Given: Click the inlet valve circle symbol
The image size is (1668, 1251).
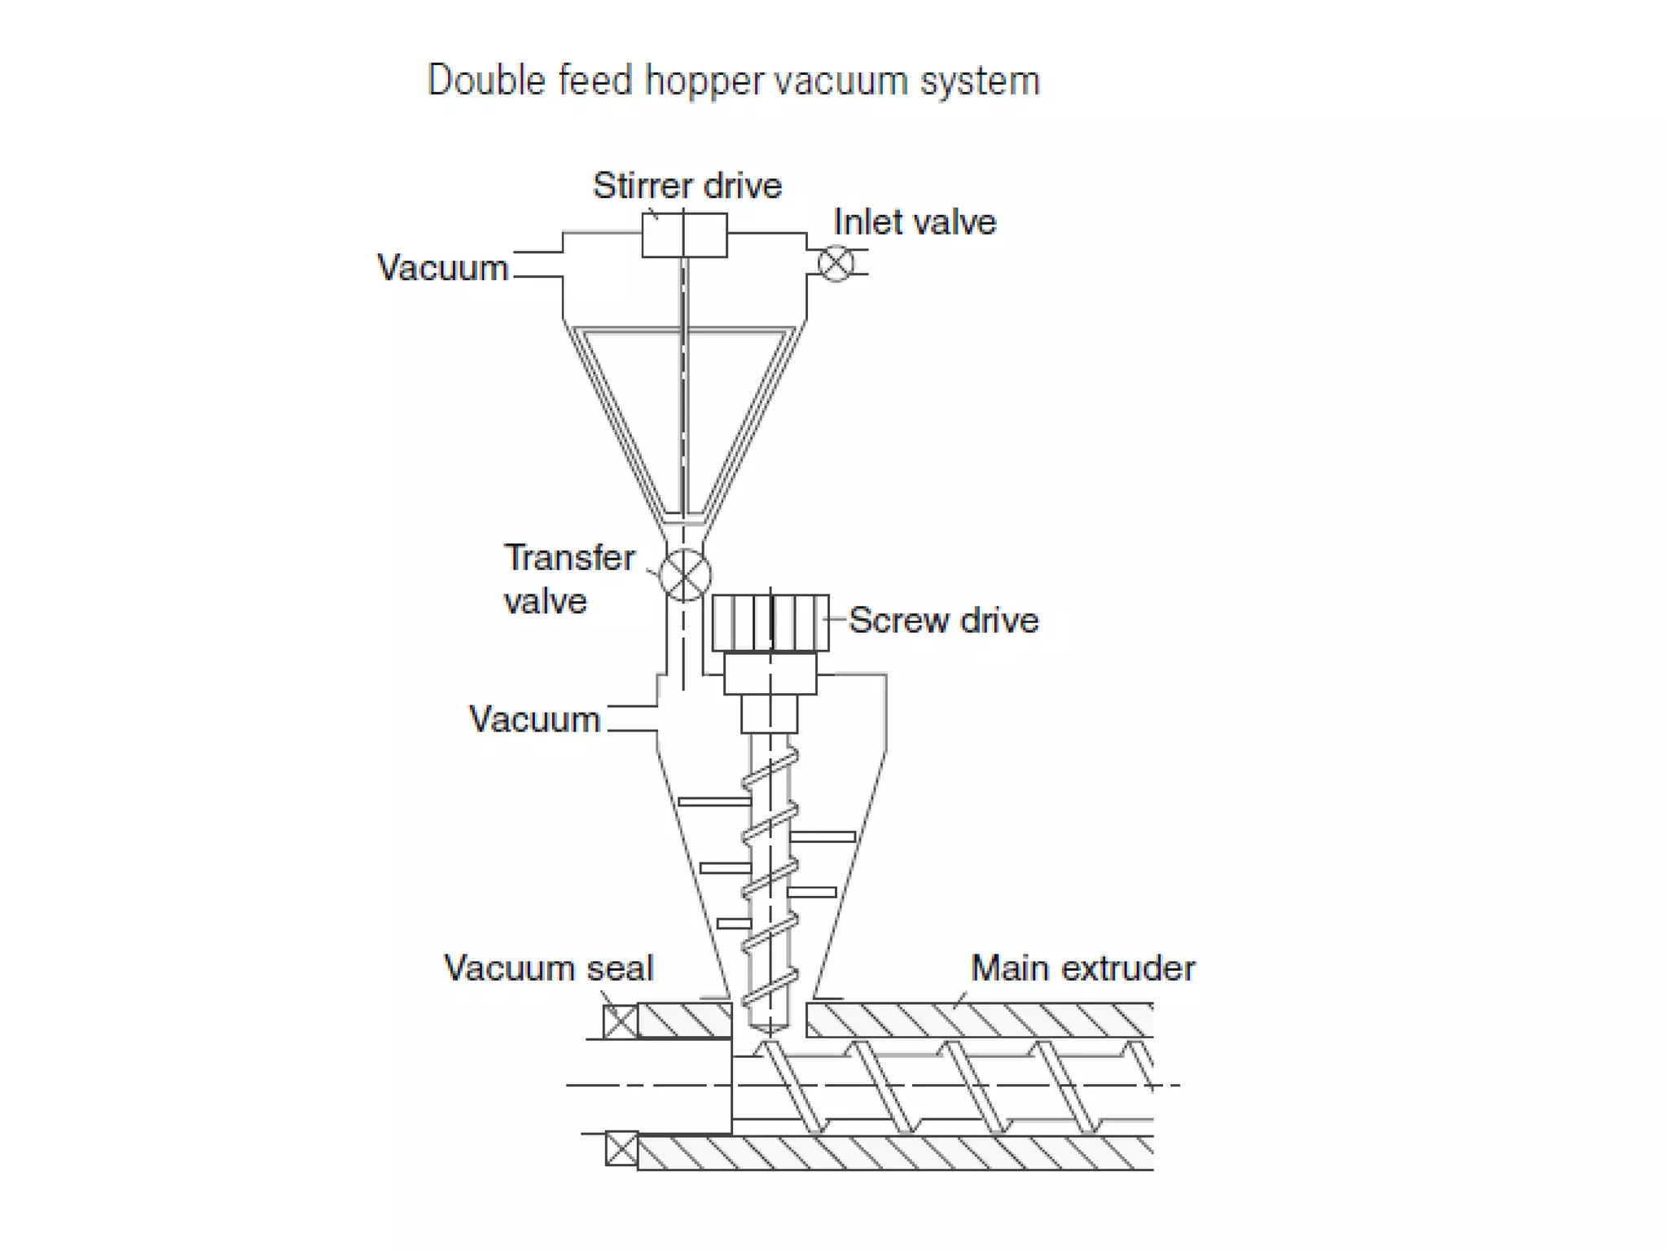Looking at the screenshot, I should click(836, 263).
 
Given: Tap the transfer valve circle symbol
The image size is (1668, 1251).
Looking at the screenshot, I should click(684, 575).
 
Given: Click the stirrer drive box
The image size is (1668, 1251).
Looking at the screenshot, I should click(684, 235).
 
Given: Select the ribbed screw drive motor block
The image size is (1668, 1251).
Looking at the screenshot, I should click(770, 623).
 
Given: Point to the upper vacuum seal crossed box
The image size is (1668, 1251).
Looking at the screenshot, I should click(621, 1021).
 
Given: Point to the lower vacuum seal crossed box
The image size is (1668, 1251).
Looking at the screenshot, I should click(622, 1149).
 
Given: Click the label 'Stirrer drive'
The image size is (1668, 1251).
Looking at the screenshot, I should click(687, 186).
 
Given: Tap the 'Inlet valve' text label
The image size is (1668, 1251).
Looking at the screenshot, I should click(915, 222).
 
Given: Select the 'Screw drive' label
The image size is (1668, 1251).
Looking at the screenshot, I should click(944, 621).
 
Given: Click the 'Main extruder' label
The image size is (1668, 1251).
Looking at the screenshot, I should click(1082, 968).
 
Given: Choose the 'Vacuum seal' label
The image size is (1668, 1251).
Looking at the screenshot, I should click(548, 968).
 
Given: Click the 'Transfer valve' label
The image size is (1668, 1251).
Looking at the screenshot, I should click(568, 579).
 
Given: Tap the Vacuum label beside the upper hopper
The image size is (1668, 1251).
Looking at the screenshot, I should click(442, 268).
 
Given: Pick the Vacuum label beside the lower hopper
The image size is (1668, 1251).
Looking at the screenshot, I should click(534, 720).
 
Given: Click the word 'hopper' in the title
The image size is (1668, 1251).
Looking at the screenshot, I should click(705, 81).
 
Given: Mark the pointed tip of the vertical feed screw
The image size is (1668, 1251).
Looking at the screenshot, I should click(769, 1031).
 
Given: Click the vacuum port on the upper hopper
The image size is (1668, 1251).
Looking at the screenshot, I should click(538, 265).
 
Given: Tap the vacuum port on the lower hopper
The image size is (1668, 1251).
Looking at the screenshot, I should click(633, 718).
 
